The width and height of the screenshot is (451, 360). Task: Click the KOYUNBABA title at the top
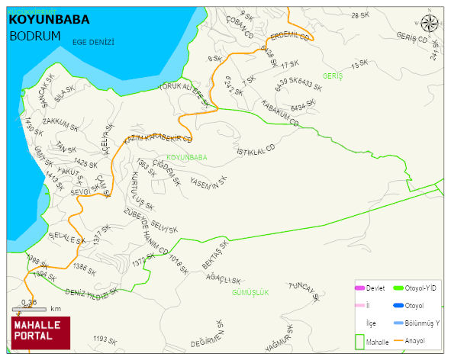click(48, 19)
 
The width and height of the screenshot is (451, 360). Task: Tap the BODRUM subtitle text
click(35, 35)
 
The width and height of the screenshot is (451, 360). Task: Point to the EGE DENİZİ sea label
click(93, 43)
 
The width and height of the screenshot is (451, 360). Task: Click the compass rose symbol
click(430, 24)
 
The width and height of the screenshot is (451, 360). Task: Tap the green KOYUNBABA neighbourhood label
click(186, 158)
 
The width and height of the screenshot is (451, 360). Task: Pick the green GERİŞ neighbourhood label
click(333, 76)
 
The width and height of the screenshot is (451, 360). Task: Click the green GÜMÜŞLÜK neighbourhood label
click(250, 292)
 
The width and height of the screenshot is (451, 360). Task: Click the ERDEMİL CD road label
click(289, 36)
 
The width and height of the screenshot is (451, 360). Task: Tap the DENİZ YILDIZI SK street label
click(92, 293)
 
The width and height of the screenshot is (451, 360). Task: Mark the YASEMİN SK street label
click(208, 184)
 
